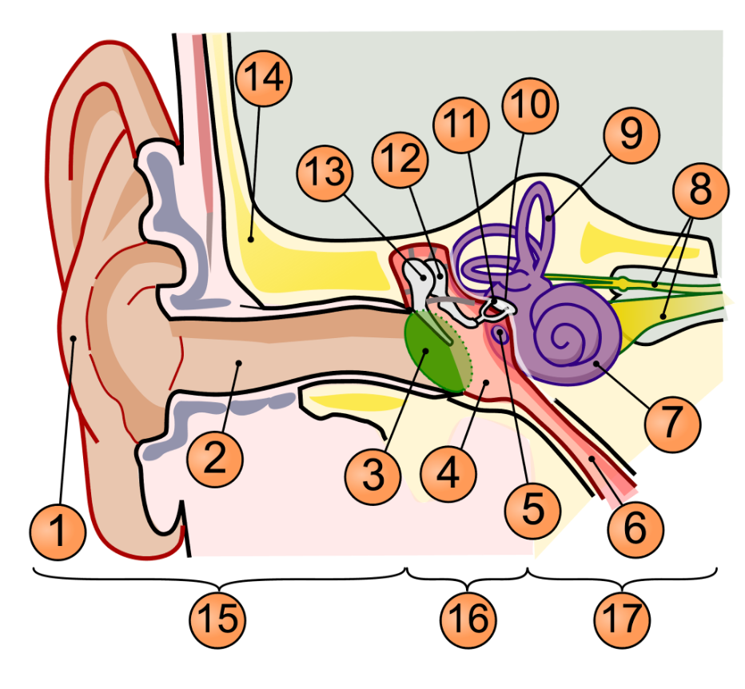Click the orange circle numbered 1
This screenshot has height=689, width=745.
click(58, 529)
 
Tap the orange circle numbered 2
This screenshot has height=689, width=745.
click(215, 456)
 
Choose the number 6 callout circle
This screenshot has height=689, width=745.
click(635, 527)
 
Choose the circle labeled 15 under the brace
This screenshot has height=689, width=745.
click(217, 617)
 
